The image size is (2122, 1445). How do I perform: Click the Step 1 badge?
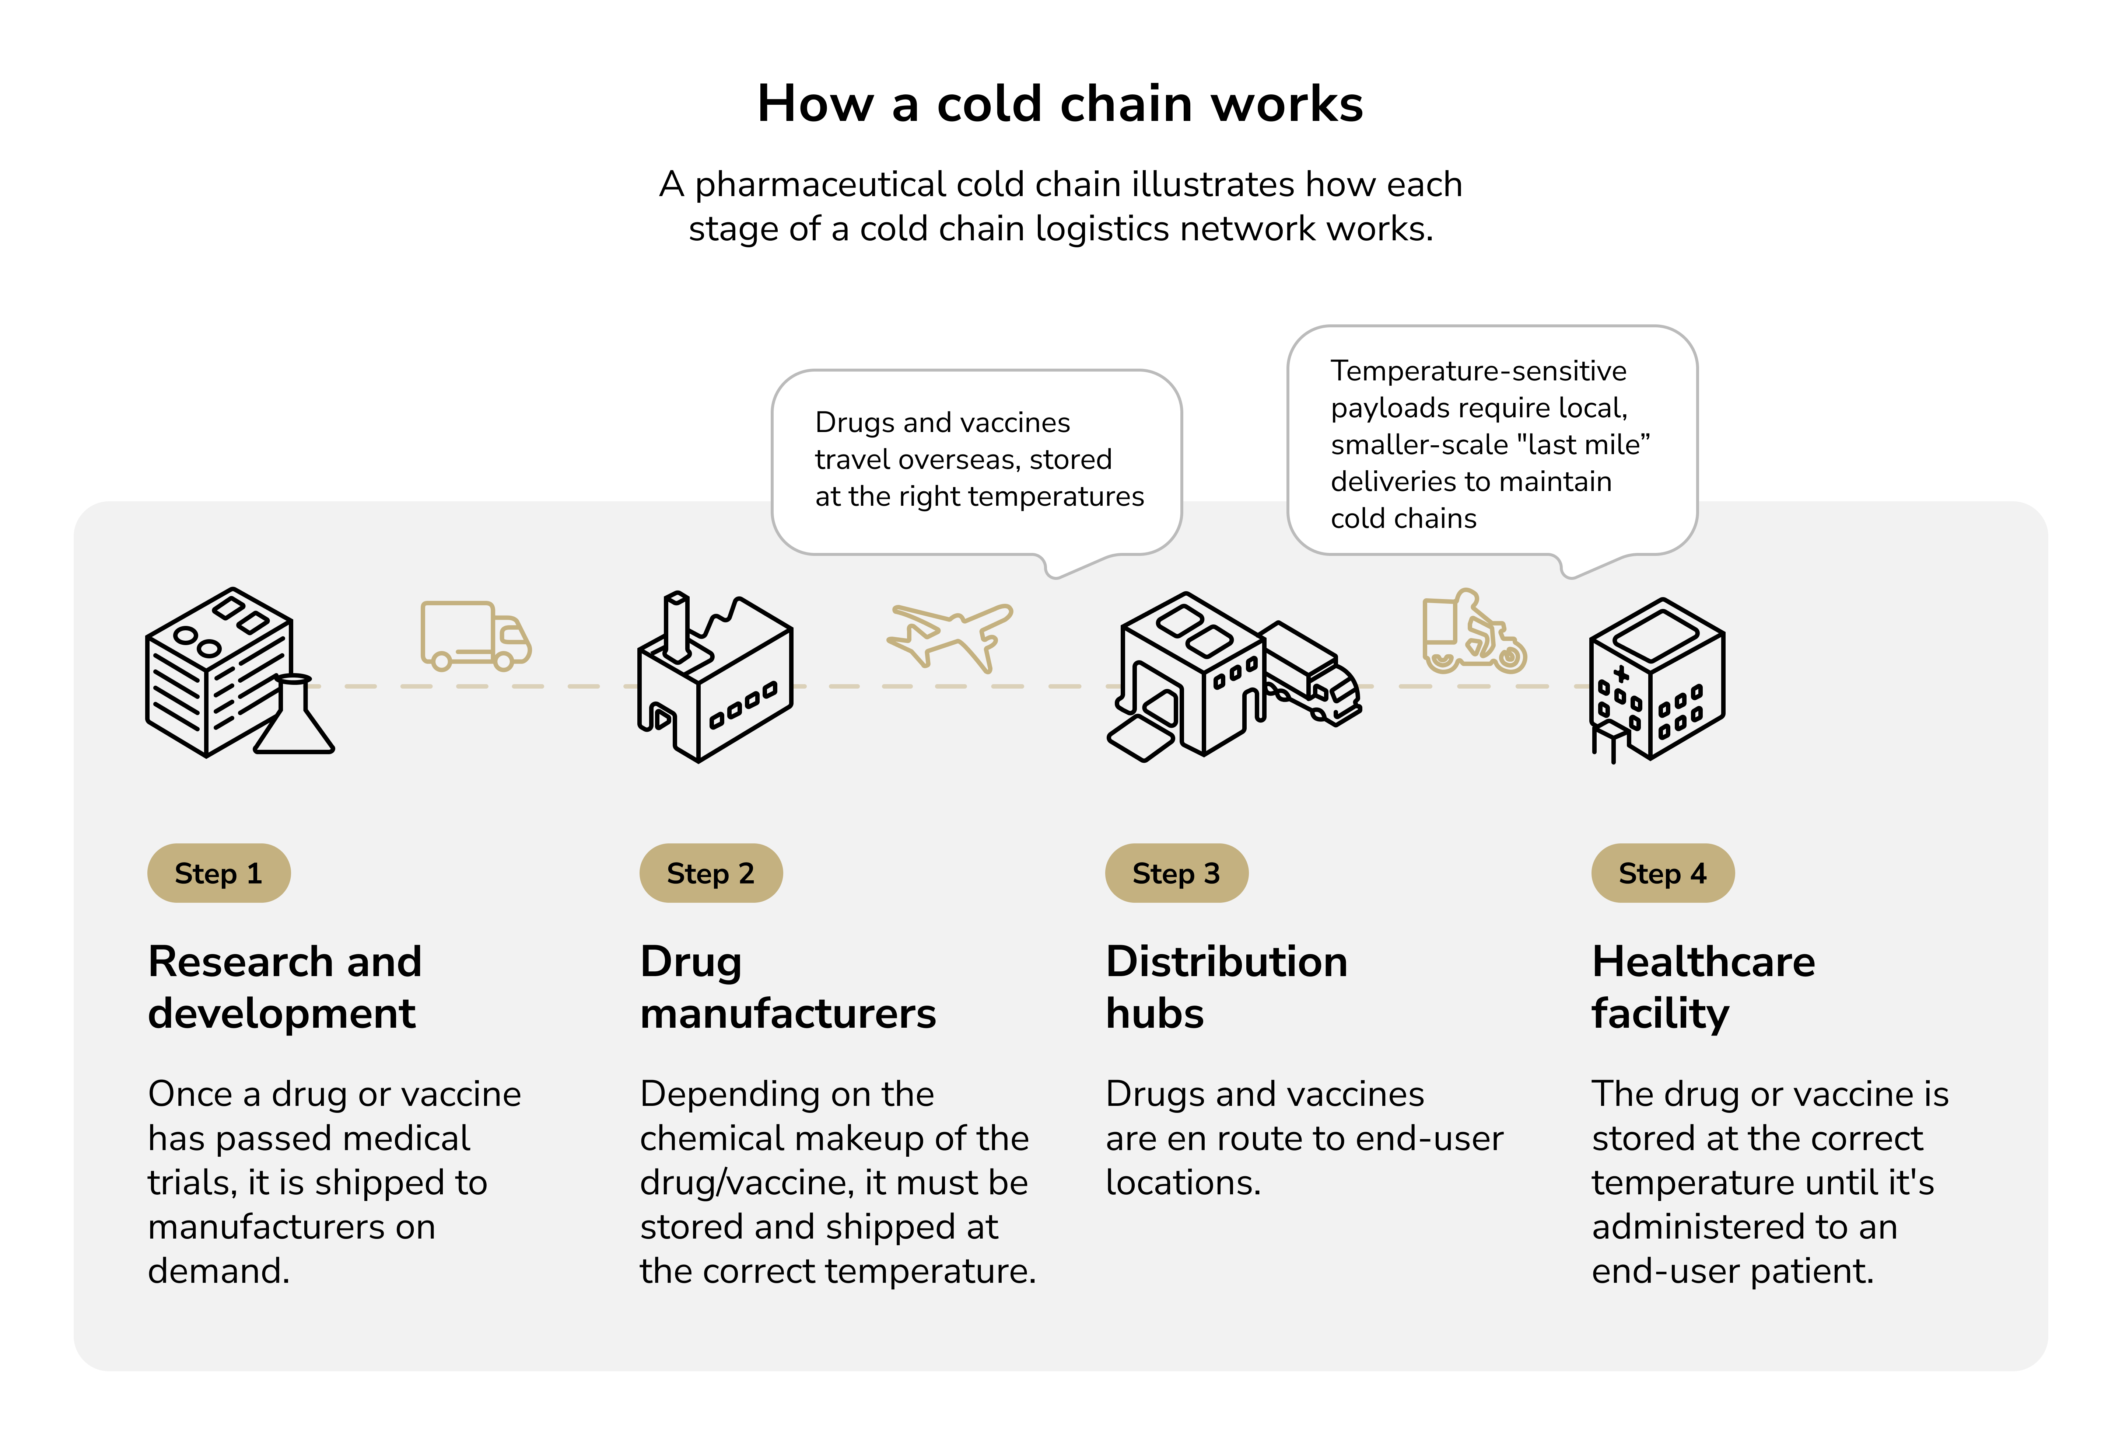[218, 873]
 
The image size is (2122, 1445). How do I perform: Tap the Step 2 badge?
[710, 873]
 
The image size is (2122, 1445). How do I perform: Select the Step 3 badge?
[1176, 873]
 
